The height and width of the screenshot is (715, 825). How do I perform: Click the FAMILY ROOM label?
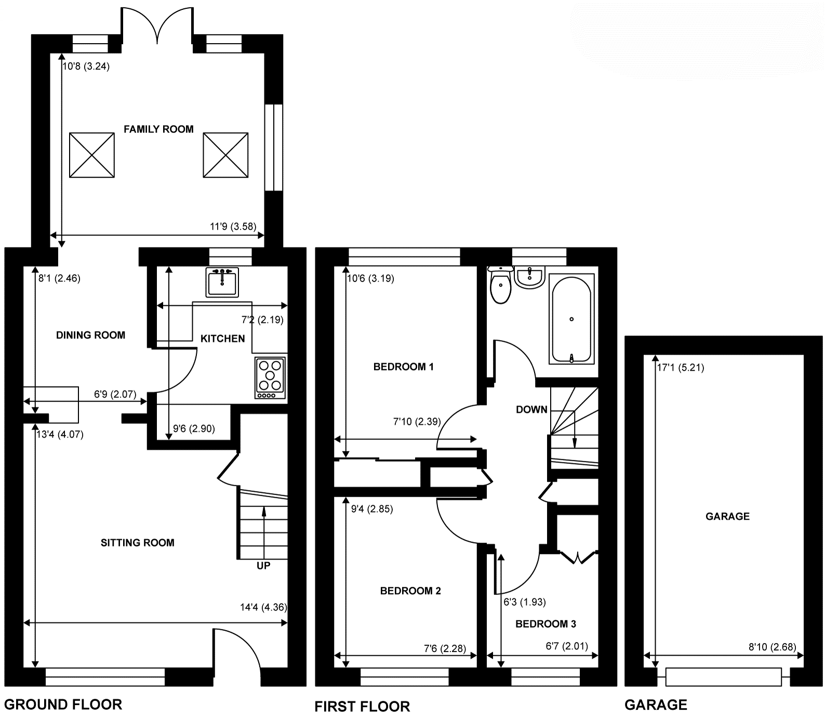click(158, 129)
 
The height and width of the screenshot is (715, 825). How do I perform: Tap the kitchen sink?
click(222, 282)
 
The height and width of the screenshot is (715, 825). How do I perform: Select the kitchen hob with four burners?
click(270, 378)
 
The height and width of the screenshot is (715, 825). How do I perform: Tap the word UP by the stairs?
click(263, 565)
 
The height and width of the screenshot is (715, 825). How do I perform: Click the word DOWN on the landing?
click(531, 410)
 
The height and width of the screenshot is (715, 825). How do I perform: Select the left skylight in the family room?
click(92, 155)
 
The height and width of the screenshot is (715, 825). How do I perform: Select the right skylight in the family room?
click(225, 155)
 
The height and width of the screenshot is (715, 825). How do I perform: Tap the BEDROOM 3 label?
click(545, 624)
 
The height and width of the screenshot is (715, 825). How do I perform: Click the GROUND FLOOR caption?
click(63, 705)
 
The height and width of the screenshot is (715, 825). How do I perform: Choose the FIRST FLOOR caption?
click(362, 707)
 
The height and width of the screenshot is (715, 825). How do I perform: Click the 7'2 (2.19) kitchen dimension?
click(263, 320)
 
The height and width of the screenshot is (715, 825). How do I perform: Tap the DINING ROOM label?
click(91, 335)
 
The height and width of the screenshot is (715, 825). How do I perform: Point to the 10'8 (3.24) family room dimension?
click(86, 66)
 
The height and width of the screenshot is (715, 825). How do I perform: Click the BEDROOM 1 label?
click(404, 367)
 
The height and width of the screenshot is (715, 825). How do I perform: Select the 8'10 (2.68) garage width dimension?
click(773, 647)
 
